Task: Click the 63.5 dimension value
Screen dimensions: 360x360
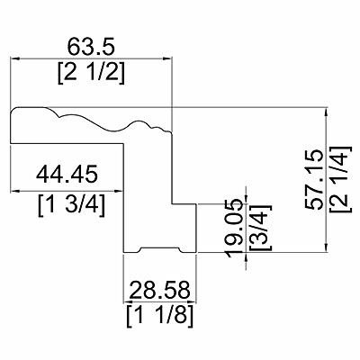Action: pyautogui.click(x=91, y=47)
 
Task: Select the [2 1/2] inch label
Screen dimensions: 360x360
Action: pyautogui.click(x=91, y=74)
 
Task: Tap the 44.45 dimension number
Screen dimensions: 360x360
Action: pyautogui.click(x=67, y=174)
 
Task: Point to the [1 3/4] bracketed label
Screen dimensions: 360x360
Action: pyautogui.click(x=72, y=205)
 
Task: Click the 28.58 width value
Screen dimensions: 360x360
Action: pyautogui.click(x=160, y=290)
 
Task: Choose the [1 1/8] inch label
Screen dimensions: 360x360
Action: pyautogui.click(x=159, y=317)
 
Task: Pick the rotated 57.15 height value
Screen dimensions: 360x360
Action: pyautogui.click(x=314, y=179)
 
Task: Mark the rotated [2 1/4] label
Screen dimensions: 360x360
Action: pyautogui.click(x=340, y=179)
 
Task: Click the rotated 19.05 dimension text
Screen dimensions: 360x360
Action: pyautogui.click(x=234, y=228)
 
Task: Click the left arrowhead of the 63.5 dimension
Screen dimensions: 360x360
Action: pyautogui.click(x=15, y=58)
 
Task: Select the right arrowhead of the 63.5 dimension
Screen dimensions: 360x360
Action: pyautogui.click(x=167, y=58)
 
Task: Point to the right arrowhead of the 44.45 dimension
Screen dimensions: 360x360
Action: pyautogui.click(x=119, y=191)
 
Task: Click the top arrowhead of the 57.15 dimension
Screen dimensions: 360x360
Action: pyautogui.click(x=326, y=112)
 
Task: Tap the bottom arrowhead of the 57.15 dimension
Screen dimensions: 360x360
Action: pyautogui.click(x=326, y=247)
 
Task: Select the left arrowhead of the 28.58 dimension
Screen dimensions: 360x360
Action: pyautogui.click(x=128, y=301)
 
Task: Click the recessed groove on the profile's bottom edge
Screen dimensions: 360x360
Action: pyautogui.click(x=160, y=248)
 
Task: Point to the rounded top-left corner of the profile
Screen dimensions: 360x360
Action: pyautogui.click(x=13, y=110)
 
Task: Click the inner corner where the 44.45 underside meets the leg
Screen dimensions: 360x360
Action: pyautogui.click(x=123, y=144)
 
